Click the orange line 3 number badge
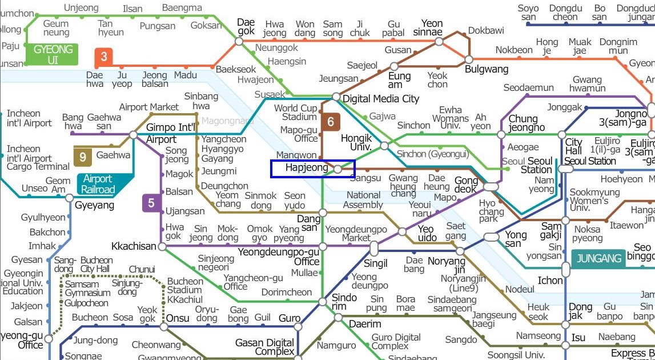click(104, 57)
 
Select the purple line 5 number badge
click(151, 203)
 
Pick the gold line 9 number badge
click(83, 156)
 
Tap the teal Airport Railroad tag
click(98, 184)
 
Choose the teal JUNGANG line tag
click(598, 258)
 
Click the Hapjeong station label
click(307, 168)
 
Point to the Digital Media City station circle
click(336, 97)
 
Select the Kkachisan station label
click(134, 246)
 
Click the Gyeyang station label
click(95, 205)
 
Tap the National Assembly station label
click(364, 200)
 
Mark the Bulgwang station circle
click(469, 59)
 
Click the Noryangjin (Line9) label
click(463, 283)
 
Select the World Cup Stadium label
click(295, 113)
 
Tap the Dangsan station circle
click(323, 213)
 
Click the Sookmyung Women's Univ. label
click(590, 201)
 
